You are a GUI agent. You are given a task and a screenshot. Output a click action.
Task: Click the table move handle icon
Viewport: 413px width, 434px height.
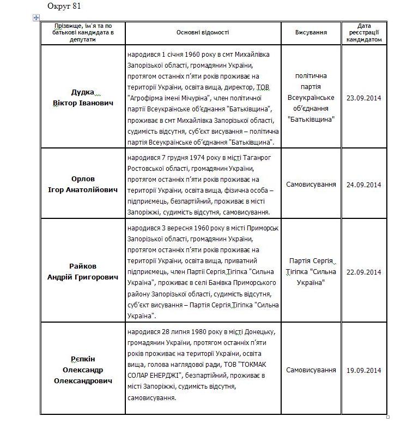point(37,18)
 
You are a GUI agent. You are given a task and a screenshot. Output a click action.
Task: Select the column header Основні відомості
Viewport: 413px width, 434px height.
point(203,32)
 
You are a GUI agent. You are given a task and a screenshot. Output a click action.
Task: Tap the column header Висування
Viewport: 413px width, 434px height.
point(311,32)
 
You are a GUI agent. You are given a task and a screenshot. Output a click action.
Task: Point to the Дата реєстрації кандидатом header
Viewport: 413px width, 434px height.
point(365,32)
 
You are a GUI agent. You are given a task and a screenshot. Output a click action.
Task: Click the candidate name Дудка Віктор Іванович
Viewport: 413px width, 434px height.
point(83,97)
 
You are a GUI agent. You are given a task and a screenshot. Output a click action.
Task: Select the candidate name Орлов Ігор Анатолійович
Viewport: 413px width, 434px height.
point(83,184)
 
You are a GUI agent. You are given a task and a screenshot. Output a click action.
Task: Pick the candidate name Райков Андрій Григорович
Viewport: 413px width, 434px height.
point(83,271)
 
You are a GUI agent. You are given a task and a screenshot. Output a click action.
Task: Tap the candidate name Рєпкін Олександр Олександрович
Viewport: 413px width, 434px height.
point(83,370)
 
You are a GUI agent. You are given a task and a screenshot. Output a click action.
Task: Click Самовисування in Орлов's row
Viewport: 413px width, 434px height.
point(311,185)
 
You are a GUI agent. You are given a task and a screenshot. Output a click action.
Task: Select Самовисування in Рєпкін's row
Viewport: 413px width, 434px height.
point(311,370)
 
